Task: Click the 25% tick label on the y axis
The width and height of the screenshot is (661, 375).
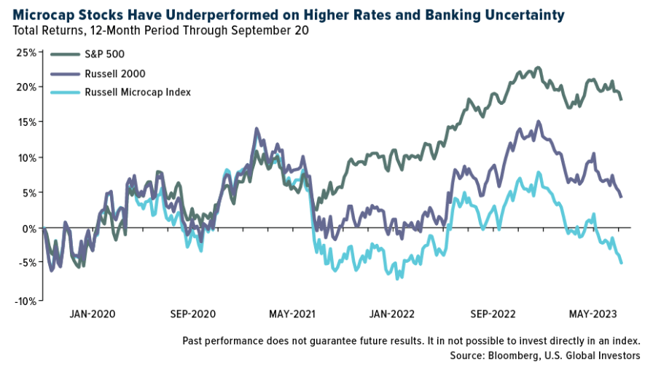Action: (26, 52)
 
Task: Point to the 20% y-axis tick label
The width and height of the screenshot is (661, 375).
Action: (26, 87)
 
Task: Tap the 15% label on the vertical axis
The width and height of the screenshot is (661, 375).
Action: (26, 122)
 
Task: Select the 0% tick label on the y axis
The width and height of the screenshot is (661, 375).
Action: (29, 229)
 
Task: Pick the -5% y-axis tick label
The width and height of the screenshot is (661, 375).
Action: (27, 264)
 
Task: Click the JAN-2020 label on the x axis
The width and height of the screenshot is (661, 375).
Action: (93, 315)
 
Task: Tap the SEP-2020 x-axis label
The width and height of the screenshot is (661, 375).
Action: (193, 315)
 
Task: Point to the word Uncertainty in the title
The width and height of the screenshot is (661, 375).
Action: (524, 15)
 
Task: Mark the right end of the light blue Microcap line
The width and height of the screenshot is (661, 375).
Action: (622, 263)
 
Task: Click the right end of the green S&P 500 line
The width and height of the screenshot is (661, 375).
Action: (622, 99)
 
